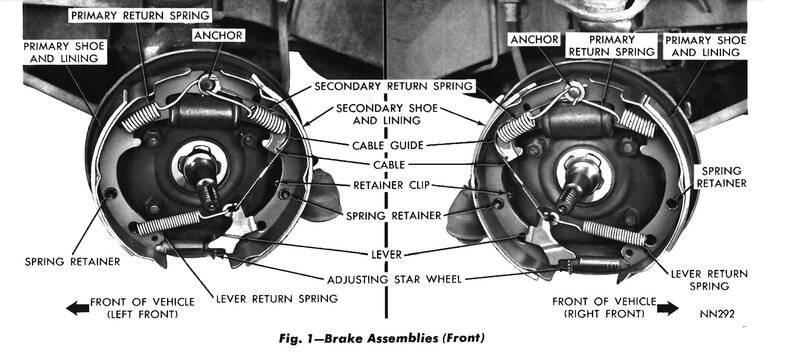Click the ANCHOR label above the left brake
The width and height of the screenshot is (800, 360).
(218, 35)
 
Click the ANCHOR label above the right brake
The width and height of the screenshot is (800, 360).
(535, 39)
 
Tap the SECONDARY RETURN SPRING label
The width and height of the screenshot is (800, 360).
(394, 86)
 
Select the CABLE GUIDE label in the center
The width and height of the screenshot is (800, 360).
(388, 145)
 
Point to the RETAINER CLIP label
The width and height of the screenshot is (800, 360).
(391, 185)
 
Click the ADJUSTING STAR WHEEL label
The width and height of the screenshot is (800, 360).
(394, 279)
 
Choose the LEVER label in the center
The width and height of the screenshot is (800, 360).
(387, 254)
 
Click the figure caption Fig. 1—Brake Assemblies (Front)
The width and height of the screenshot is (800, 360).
(382, 338)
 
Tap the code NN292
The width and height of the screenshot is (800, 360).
(717, 314)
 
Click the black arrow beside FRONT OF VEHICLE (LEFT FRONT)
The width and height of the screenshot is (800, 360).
(77, 308)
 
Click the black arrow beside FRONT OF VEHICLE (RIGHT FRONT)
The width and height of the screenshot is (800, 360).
(667, 308)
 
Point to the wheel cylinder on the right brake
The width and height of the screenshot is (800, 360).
(577, 122)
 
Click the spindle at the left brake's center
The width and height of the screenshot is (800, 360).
(202, 178)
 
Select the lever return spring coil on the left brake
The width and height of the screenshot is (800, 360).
(168, 222)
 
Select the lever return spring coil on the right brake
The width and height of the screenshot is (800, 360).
(614, 233)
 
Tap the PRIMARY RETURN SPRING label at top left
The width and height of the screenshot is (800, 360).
(140, 16)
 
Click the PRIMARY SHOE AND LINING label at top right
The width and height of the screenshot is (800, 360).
(706, 46)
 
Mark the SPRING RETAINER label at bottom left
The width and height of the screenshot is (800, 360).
(72, 262)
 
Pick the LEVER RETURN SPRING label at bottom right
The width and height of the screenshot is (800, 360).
(709, 280)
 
